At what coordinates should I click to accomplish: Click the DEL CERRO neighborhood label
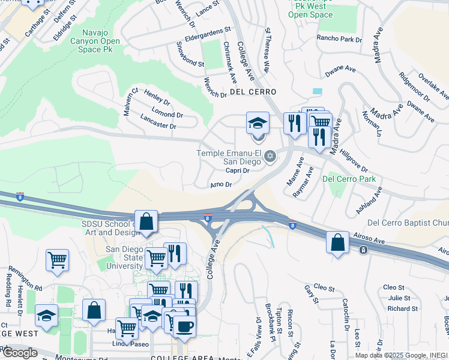point(253,92)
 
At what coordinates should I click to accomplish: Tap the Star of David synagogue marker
point(270,157)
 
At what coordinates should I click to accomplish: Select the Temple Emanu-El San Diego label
point(229,157)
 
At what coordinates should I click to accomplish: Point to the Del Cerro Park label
point(349,178)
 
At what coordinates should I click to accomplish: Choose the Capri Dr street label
point(237,170)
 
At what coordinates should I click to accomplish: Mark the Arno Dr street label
point(220,185)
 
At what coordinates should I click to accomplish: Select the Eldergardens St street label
point(208,30)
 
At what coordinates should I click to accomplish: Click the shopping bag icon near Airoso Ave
point(338,242)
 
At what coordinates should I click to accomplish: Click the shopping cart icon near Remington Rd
point(57,260)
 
